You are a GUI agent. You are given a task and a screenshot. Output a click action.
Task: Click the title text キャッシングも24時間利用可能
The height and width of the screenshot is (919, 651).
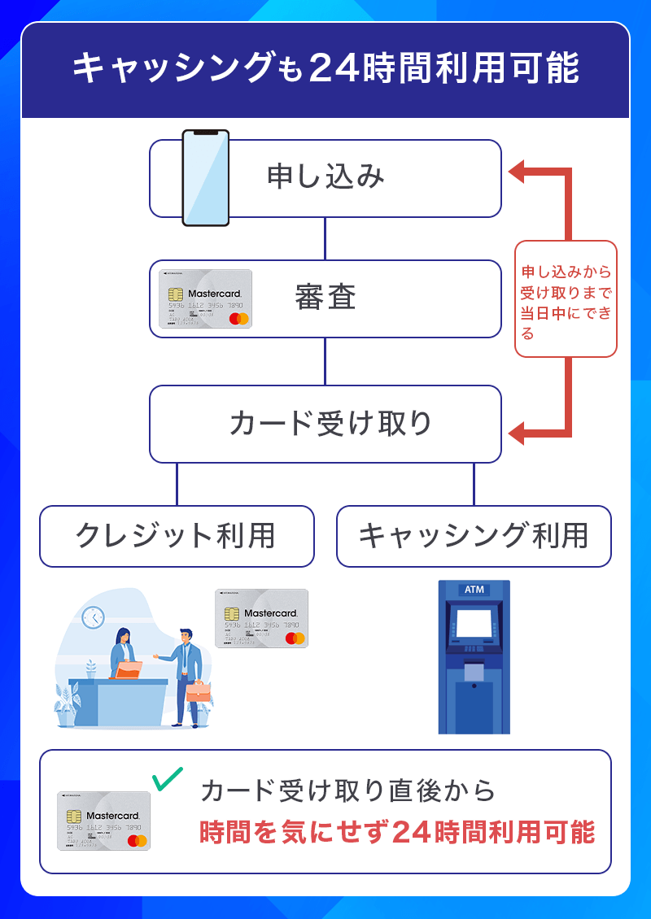(x=325, y=69)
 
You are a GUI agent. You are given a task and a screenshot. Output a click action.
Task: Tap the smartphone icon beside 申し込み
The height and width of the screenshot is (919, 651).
(x=205, y=177)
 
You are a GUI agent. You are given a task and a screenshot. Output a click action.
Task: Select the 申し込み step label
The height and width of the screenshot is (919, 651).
(x=325, y=177)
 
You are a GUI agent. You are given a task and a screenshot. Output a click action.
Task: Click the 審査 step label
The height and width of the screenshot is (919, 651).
(x=325, y=298)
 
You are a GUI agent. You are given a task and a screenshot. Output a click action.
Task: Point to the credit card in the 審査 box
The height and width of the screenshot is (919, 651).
(x=205, y=298)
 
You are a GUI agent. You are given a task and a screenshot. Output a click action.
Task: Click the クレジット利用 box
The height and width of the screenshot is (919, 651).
(x=176, y=536)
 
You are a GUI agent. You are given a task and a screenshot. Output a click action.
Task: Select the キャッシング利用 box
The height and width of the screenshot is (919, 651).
(x=474, y=536)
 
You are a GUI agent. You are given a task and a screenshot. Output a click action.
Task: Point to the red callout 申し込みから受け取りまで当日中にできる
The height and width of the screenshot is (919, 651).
(x=566, y=299)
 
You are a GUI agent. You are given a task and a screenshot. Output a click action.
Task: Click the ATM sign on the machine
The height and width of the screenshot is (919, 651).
(x=474, y=590)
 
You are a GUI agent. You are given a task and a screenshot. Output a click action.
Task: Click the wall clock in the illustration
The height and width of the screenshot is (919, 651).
(x=94, y=617)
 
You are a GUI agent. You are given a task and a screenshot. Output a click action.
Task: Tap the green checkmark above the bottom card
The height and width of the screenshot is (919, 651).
(x=168, y=778)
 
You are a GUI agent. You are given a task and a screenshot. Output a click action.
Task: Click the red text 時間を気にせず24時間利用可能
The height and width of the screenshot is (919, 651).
(x=397, y=832)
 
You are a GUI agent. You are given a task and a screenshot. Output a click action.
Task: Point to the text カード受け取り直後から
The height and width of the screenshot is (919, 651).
(x=347, y=790)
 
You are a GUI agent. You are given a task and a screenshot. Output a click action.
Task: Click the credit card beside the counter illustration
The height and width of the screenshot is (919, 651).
(x=261, y=618)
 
